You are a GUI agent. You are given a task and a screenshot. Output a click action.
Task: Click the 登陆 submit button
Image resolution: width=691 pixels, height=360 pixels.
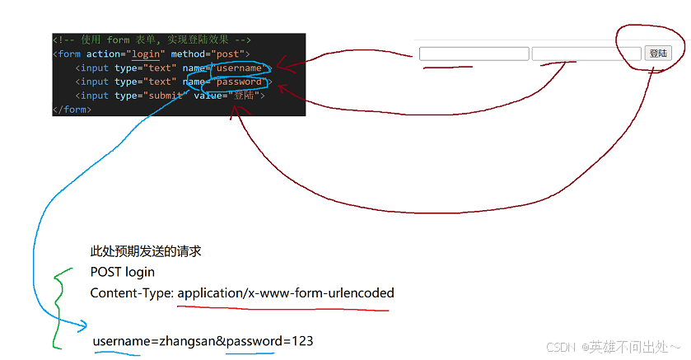(658, 54)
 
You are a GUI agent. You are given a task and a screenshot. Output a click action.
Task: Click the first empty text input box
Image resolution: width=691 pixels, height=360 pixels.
(474, 54)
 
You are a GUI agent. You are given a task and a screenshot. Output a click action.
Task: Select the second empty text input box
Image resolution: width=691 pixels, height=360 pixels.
(586, 54)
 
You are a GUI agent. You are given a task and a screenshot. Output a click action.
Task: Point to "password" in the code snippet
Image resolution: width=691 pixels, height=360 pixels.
(239, 82)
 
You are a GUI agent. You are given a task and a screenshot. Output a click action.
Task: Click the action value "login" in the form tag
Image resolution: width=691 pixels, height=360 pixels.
(146, 54)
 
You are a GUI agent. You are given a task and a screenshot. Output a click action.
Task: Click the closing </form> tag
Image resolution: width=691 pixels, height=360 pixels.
(71, 110)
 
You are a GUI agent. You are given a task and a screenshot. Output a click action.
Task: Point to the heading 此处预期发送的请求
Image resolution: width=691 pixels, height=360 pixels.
(146, 251)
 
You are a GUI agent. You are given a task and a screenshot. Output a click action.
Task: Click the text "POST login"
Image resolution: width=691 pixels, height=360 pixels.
(122, 272)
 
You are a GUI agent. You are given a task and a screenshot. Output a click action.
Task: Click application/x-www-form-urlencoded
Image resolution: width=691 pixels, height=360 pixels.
(285, 292)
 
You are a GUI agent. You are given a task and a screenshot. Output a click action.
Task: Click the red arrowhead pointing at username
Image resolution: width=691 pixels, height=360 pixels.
(280, 66)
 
